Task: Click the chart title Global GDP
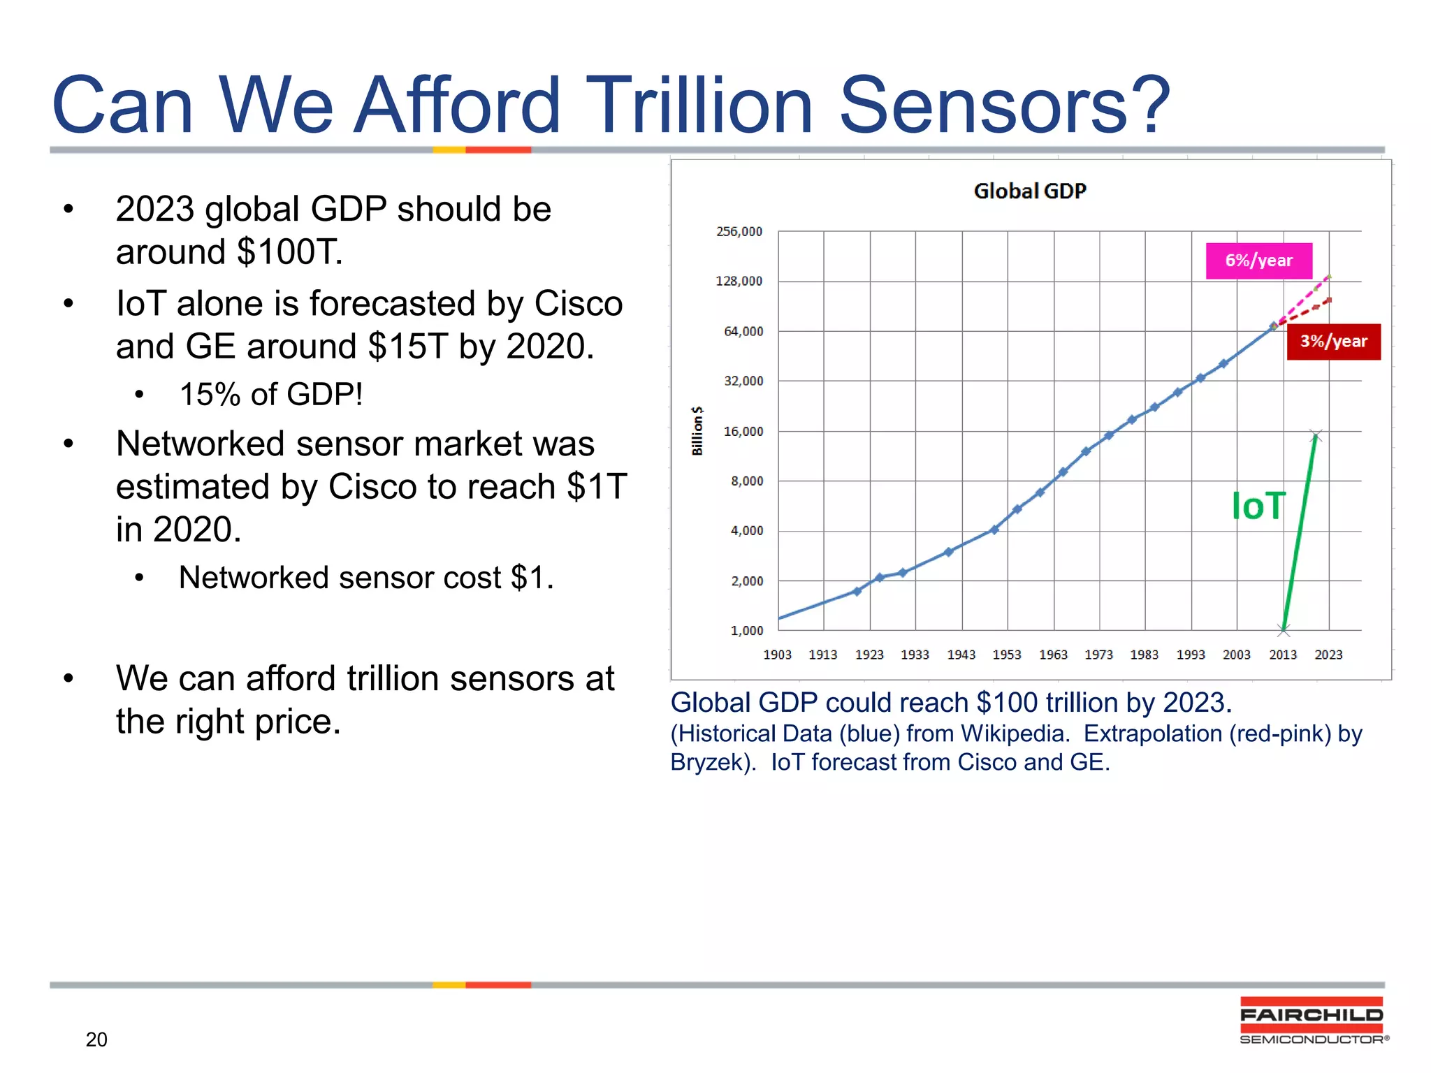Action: pyautogui.click(x=1029, y=191)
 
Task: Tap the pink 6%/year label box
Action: pyautogui.click(x=1258, y=261)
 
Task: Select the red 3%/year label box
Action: pyautogui.click(x=1333, y=342)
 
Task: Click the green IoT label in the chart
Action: pyautogui.click(x=1258, y=506)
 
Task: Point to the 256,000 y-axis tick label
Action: pyautogui.click(x=739, y=231)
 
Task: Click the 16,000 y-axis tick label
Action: pyautogui.click(x=743, y=432)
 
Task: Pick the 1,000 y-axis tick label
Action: pyautogui.click(x=746, y=631)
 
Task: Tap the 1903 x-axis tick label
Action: pyautogui.click(x=777, y=655)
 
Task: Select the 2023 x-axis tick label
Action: pyautogui.click(x=1328, y=655)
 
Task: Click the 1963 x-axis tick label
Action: pyautogui.click(x=1053, y=655)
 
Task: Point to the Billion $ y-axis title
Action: pyautogui.click(x=697, y=431)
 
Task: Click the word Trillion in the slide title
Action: pyautogui.click(x=699, y=106)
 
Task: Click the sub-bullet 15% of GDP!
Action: pyautogui.click(x=271, y=395)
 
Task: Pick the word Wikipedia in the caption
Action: pyautogui.click(x=1014, y=733)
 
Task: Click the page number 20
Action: pyautogui.click(x=96, y=1039)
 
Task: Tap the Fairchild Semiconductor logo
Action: pyautogui.click(x=1312, y=1021)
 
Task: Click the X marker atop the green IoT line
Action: pyautogui.click(x=1316, y=436)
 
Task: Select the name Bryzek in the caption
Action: pyautogui.click(x=709, y=762)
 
